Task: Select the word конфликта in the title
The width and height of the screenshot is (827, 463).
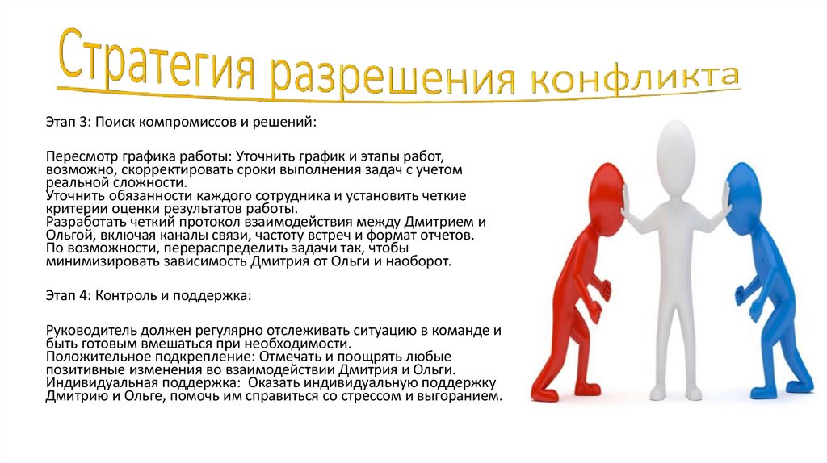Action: [633, 80]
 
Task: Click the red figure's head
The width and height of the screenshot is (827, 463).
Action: [608, 194]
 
